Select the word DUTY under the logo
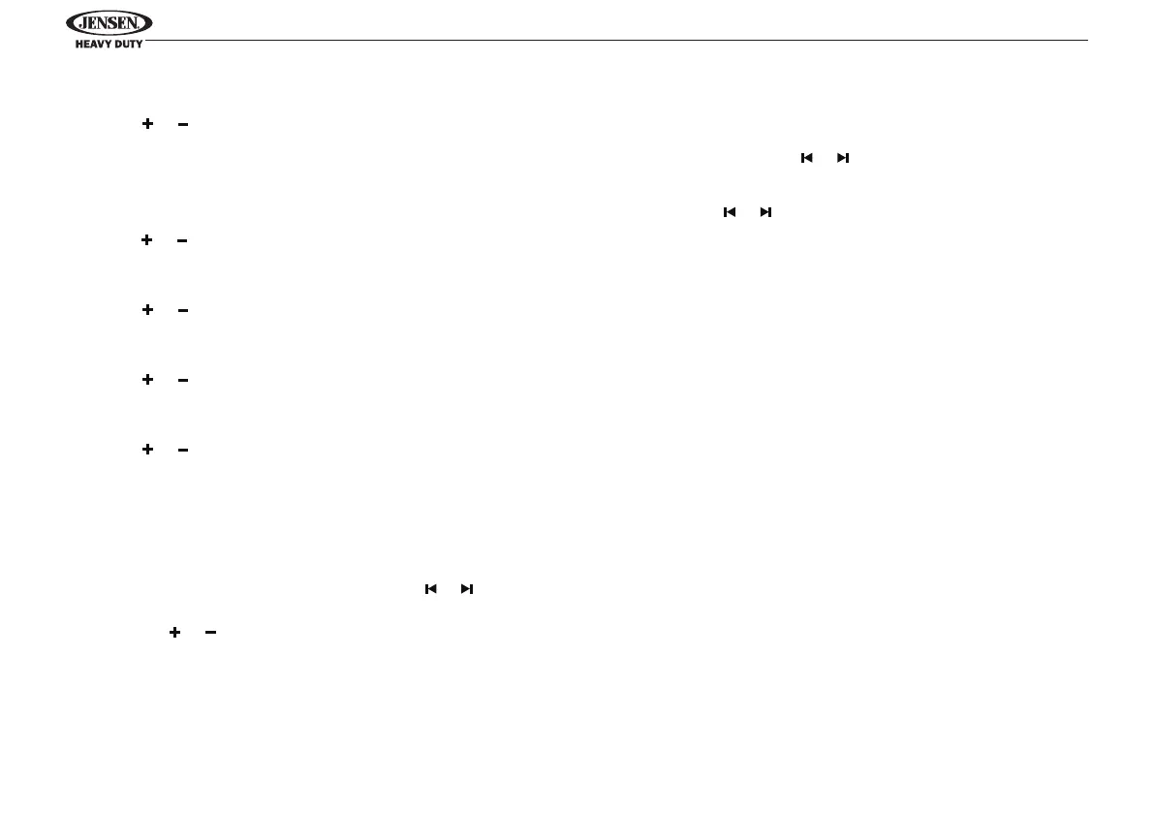click(x=127, y=45)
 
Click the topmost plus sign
click(x=148, y=124)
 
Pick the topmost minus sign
click(x=182, y=124)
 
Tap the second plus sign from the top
click(x=148, y=240)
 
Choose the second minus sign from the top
click(x=182, y=240)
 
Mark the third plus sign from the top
click(x=148, y=310)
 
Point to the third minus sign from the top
click(x=182, y=310)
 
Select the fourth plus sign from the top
click(x=148, y=380)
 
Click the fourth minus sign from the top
click(x=182, y=380)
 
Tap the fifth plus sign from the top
click(x=148, y=450)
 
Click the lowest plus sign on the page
click(x=175, y=632)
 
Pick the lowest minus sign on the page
click(x=210, y=632)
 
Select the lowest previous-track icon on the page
click(x=431, y=589)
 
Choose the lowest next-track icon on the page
click(x=467, y=589)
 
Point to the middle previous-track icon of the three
click(x=730, y=211)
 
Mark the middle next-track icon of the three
click(x=765, y=211)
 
